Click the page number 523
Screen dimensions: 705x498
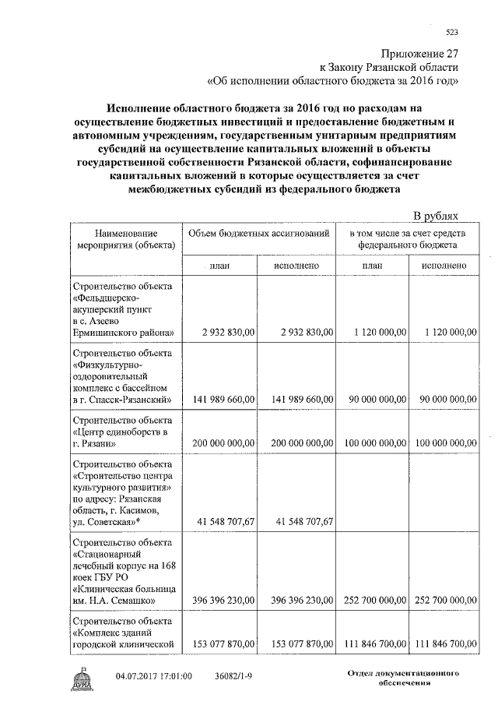452,32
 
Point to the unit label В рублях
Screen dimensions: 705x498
436,216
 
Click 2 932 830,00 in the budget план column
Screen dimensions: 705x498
226,332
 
